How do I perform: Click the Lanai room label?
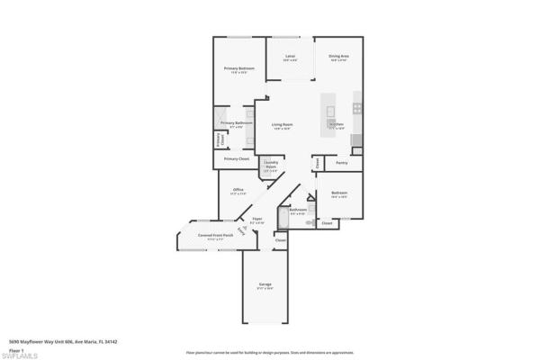[291, 57]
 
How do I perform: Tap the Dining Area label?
[338, 57]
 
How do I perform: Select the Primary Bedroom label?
[240, 69]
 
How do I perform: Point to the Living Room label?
[283, 125]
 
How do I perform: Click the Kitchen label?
[337, 125]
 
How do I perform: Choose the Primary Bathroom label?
[232, 124]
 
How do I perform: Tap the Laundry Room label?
[271, 165]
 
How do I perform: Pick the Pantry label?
[342, 163]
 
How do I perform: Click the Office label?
[238, 190]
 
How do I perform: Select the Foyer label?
[257, 219]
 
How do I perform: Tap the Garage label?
[265, 284]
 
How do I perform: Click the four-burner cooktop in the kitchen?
[357, 108]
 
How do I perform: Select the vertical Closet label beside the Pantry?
[316, 164]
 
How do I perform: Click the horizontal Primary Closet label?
[237, 159]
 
